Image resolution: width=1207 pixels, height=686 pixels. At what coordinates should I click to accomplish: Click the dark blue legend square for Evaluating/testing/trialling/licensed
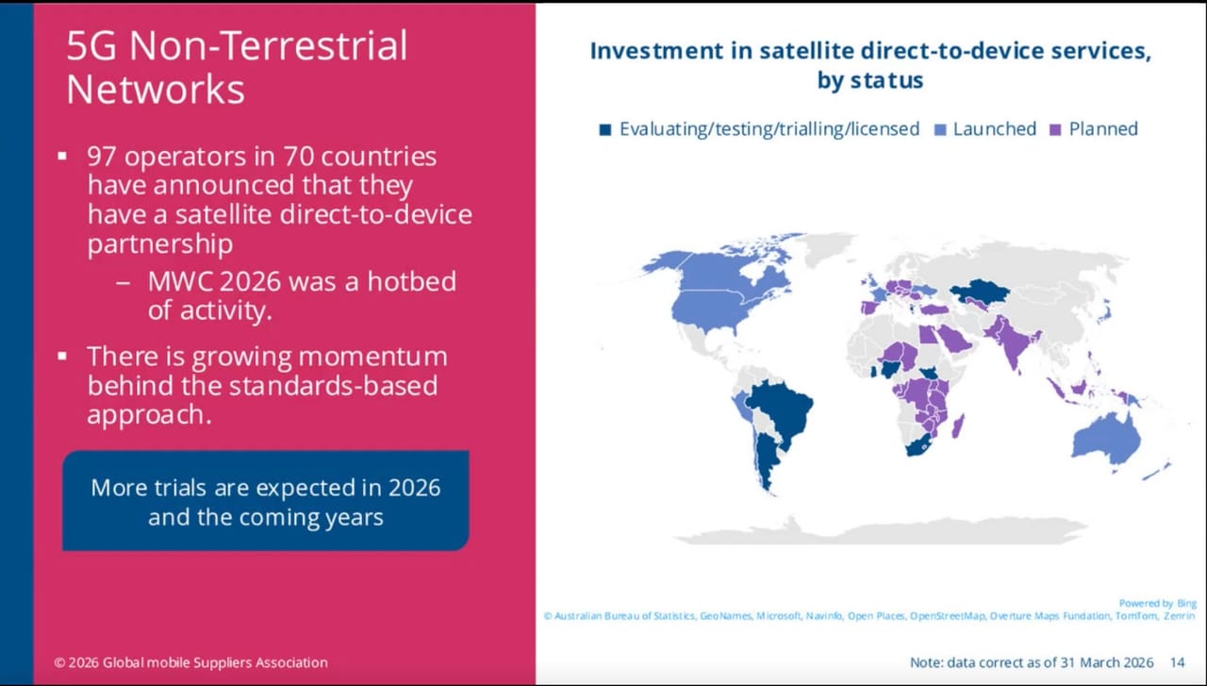tap(605, 129)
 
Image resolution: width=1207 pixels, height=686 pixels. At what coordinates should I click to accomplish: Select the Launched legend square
tap(940, 129)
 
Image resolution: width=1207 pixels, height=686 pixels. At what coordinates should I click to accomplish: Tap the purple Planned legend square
tap(1055, 129)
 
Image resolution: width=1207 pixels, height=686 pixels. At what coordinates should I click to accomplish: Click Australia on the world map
tap(1106, 440)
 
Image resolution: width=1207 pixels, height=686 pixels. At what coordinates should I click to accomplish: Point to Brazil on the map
tap(782, 410)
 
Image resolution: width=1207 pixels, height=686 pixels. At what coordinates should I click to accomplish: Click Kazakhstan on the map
tap(978, 293)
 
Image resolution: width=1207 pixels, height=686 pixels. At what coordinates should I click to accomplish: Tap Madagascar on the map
tap(957, 427)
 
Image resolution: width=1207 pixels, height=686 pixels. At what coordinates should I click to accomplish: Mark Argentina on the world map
tap(767, 459)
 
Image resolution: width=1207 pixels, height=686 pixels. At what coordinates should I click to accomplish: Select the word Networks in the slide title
tap(156, 90)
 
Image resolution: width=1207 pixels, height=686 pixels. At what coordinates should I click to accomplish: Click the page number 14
tap(1178, 662)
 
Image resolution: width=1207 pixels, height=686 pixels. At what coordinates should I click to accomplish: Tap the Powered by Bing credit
tap(1157, 603)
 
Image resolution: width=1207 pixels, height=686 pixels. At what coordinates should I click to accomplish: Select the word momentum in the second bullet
tap(372, 357)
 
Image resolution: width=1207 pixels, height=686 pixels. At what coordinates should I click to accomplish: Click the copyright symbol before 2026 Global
tap(59, 662)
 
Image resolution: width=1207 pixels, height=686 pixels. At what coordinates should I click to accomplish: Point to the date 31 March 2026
tap(1107, 662)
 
